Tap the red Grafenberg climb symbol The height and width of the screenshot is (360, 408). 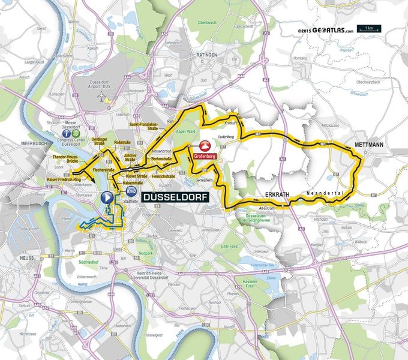205,146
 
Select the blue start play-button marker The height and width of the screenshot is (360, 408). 107,196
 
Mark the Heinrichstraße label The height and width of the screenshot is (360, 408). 163,177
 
